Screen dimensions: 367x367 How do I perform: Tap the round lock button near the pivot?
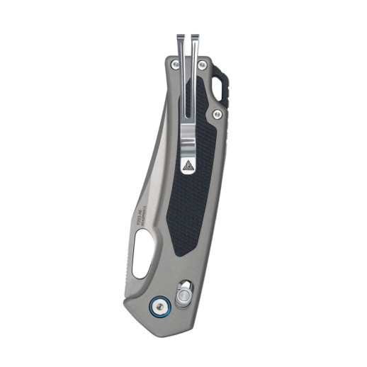click(184, 292)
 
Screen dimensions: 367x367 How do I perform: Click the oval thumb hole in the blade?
click(142, 257)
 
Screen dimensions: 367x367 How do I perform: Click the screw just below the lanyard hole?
click(218, 113)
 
